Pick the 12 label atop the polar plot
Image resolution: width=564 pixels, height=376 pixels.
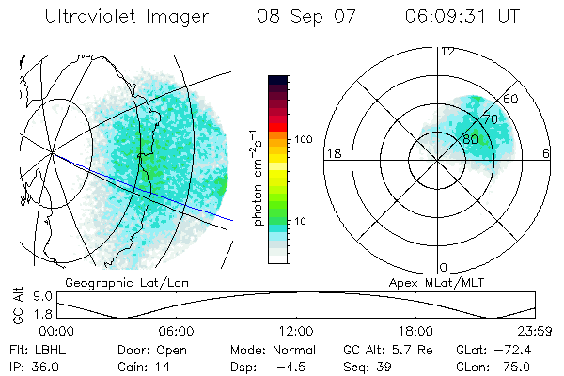tap(447, 51)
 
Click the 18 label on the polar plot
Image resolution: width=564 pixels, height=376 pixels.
tap(333, 153)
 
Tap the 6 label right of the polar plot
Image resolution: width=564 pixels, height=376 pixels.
tap(546, 153)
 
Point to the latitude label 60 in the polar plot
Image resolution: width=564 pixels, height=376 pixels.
tap(510, 99)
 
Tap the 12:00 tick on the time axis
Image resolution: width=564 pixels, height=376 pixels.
tap(296, 331)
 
